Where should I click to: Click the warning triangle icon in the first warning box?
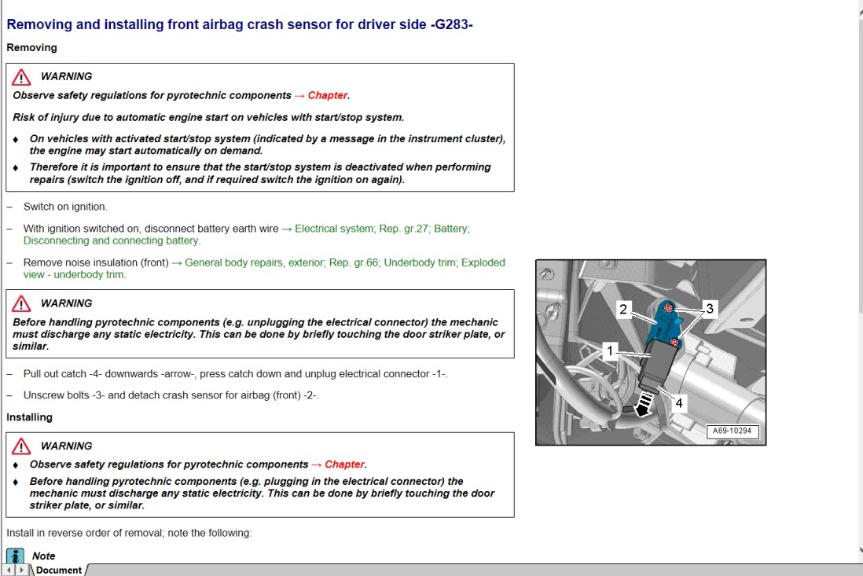(x=22, y=77)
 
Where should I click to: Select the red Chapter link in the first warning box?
(x=328, y=95)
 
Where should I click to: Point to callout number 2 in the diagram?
(x=623, y=309)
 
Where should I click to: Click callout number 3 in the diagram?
(x=710, y=308)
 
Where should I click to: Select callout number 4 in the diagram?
(x=679, y=402)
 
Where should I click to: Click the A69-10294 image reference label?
(x=733, y=431)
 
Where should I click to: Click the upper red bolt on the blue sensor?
(x=667, y=308)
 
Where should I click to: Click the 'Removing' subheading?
(x=32, y=48)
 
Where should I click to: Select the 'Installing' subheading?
(x=30, y=417)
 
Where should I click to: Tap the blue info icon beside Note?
(x=16, y=556)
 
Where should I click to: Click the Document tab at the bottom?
(x=58, y=570)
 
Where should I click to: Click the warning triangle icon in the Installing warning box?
(x=22, y=446)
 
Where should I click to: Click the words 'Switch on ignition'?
(x=65, y=207)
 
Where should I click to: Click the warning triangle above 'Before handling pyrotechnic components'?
(x=22, y=304)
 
